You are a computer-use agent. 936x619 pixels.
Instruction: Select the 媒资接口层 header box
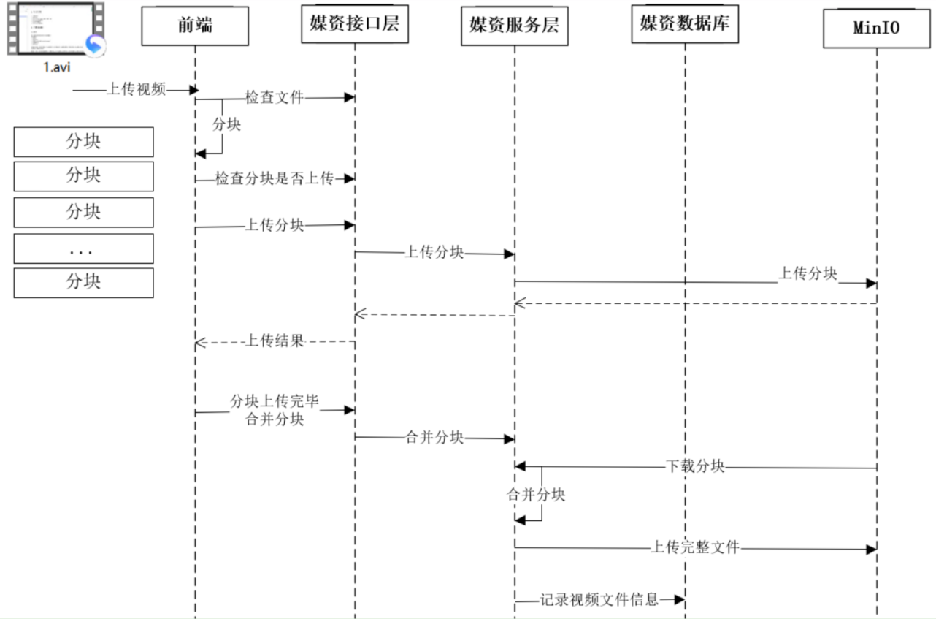tap(354, 26)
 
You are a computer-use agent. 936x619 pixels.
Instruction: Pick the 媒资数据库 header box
tap(685, 26)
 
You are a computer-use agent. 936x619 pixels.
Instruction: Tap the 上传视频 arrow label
tap(137, 89)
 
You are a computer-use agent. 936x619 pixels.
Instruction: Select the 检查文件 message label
tap(274, 97)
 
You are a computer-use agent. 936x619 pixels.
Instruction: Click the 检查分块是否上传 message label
tap(274, 179)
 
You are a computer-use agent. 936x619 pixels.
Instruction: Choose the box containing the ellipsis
tap(83, 249)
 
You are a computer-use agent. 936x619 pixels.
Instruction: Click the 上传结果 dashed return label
tap(274, 341)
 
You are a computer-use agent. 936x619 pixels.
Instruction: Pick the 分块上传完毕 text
tap(274, 401)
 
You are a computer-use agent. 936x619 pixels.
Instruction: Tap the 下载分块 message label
tap(695, 466)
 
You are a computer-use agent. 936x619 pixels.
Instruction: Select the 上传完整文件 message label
tap(695, 547)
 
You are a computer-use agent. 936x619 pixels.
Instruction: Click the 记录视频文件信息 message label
tap(599, 600)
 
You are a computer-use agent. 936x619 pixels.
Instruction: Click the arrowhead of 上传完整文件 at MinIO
tap(871, 549)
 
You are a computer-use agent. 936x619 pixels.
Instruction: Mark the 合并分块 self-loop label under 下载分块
tap(536, 495)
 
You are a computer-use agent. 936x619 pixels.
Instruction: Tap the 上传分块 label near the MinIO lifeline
tap(807, 274)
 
